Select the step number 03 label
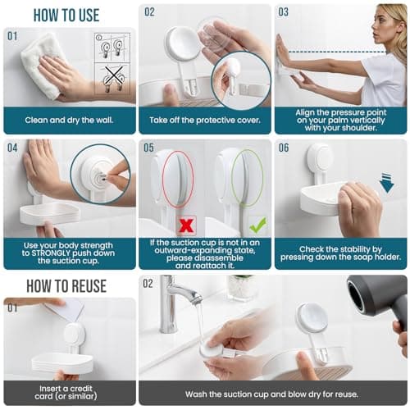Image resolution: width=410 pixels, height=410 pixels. pyautogui.click(x=284, y=12)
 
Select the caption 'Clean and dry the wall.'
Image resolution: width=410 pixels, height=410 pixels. pyautogui.click(x=70, y=119)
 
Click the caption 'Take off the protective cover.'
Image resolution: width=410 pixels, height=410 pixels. pyautogui.click(x=204, y=119)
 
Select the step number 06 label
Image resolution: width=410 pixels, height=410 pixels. pyautogui.click(x=284, y=148)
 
